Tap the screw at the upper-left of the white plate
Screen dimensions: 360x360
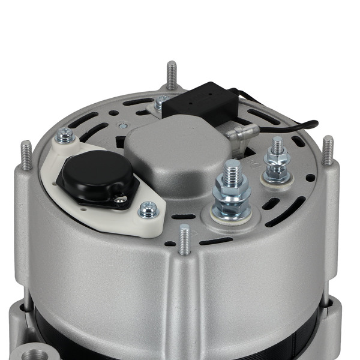[65, 137]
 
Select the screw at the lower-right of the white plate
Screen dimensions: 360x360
[148, 210]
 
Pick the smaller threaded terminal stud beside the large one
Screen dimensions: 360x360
[277, 160]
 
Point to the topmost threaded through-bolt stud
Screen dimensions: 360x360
[172, 74]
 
